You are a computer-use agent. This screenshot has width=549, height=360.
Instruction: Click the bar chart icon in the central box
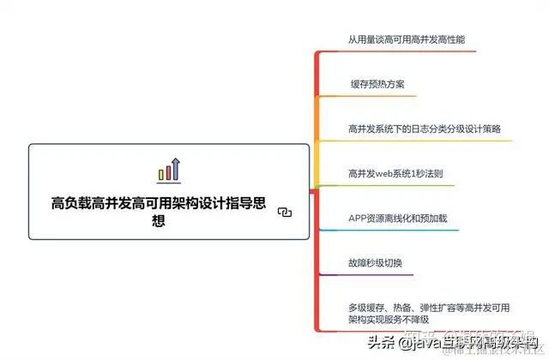click(x=168, y=170)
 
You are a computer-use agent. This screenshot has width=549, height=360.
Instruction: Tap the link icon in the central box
click(x=286, y=213)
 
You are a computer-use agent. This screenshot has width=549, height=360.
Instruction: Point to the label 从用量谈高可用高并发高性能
click(x=406, y=39)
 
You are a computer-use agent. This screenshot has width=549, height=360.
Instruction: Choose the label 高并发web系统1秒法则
click(x=395, y=174)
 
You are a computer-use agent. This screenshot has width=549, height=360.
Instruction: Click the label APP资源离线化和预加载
click(x=397, y=218)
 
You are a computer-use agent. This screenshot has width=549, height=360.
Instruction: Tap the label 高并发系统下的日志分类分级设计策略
click(x=424, y=129)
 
